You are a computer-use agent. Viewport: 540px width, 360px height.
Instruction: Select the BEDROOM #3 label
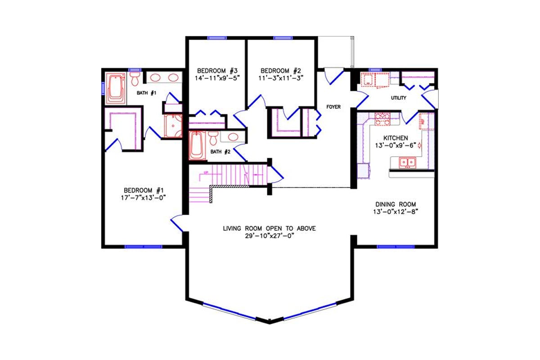coord(217,71)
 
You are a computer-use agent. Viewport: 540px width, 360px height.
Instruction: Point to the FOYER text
coord(333,107)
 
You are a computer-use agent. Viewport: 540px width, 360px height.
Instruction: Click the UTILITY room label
coord(399,98)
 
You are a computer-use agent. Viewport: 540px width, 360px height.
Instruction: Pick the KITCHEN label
coord(396,138)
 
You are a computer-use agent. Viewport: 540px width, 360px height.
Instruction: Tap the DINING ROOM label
coord(396,204)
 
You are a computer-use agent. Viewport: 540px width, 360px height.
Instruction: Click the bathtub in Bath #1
coord(117,88)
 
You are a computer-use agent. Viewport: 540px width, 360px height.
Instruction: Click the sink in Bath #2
coord(233,137)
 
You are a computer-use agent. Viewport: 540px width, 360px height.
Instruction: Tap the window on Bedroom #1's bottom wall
coord(143,247)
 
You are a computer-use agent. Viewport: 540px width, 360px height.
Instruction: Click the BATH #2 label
coord(220,152)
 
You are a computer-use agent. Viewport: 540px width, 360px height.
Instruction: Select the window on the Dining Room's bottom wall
coord(396,247)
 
